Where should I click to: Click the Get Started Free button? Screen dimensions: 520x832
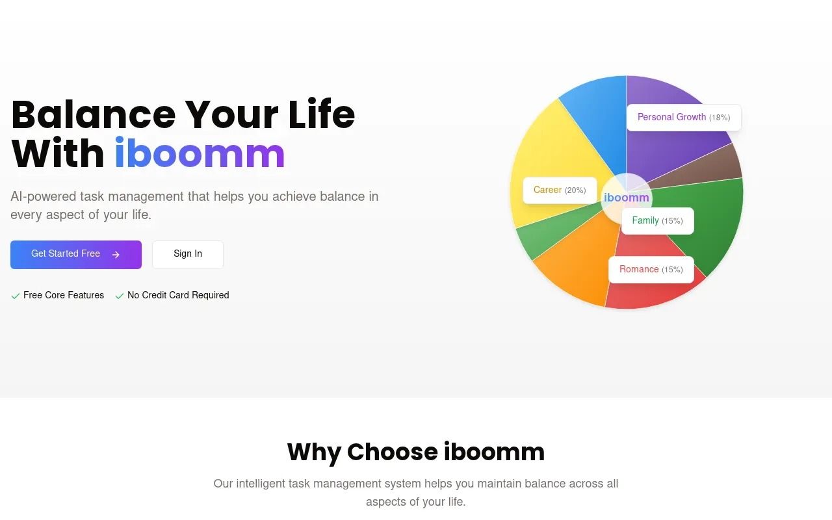[75, 254]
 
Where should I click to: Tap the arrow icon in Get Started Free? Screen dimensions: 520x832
[116, 255]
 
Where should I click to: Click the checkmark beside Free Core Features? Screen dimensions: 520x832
[16, 296]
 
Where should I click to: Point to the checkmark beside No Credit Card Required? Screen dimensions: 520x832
[120, 296]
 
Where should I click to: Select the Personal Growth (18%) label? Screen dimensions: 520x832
[683, 118]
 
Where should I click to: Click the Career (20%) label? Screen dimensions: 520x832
[559, 190]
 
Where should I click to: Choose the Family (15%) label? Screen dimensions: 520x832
[657, 221]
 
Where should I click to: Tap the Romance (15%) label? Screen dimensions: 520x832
[651, 270]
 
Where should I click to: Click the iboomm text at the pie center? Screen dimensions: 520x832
[626, 198]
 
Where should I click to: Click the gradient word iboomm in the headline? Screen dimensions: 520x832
[200, 154]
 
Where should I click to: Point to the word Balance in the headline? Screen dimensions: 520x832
[93, 114]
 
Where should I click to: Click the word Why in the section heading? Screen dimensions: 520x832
[314, 452]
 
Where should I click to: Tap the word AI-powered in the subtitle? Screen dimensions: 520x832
[43, 196]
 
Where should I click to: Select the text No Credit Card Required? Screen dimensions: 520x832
[178, 295]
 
